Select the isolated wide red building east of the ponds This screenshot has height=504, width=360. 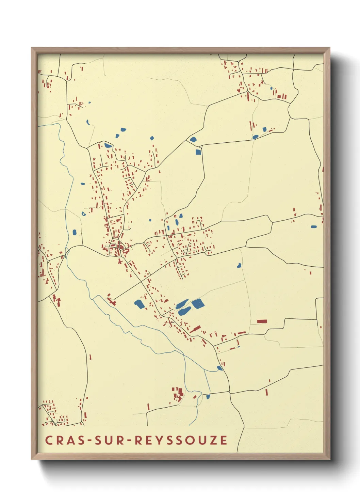[x=262, y=321]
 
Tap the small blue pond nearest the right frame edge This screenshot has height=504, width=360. [x=314, y=226]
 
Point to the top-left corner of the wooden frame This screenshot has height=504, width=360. [x=32, y=48]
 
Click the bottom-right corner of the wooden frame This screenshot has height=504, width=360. [x=329, y=459]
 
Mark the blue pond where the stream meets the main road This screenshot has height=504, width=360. [x=220, y=368]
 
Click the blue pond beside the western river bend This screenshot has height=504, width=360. [x=75, y=232]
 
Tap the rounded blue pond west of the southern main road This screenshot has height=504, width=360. [x=139, y=304]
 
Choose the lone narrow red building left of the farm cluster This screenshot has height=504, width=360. [x=148, y=407]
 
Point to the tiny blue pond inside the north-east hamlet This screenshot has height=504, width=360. [x=271, y=89]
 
